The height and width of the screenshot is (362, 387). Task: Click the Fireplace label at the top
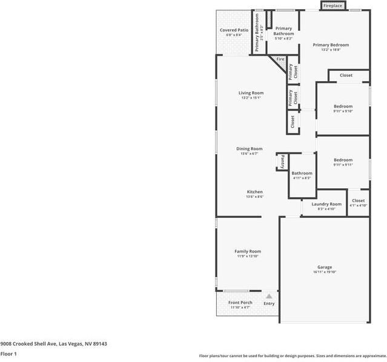coord(332,5)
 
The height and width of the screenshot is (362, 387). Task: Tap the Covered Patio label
coord(234,30)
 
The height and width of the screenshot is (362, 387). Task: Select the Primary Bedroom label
coord(331,45)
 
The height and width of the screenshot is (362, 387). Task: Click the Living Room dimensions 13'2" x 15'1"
coord(251,98)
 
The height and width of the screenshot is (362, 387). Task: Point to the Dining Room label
coord(249,149)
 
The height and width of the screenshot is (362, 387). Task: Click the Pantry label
coord(282,162)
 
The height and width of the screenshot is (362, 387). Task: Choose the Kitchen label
coord(254,192)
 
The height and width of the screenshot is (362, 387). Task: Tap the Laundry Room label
coord(326,204)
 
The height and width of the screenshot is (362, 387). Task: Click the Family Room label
coord(248,251)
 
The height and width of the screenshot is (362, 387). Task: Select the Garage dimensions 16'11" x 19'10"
coord(325,272)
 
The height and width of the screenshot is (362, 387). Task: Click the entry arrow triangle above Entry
coord(269,296)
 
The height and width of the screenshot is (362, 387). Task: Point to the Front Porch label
coord(240,303)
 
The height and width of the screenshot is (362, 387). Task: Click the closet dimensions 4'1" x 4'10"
coord(358,206)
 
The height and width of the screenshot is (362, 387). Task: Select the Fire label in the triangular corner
coord(280,59)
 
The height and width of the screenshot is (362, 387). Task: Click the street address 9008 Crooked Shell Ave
coord(53,343)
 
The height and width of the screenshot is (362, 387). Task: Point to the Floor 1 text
coord(8,354)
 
